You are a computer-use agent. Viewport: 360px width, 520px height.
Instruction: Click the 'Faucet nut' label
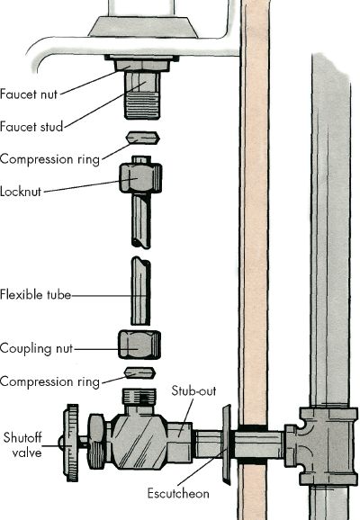(x=29, y=94)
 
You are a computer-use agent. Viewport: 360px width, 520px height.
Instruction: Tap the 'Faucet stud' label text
(x=31, y=127)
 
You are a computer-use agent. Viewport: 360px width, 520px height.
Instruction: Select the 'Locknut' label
(x=21, y=192)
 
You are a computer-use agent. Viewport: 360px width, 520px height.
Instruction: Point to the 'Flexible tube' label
(x=35, y=294)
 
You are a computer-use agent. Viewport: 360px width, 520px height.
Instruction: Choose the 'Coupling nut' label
(x=36, y=348)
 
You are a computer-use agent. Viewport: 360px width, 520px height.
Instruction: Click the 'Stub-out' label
(x=193, y=390)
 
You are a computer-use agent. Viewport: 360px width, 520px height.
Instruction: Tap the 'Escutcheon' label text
(x=178, y=494)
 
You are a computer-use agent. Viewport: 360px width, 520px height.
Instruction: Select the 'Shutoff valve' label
(x=22, y=445)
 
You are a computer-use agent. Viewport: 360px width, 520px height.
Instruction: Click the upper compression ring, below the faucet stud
(x=142, y=138)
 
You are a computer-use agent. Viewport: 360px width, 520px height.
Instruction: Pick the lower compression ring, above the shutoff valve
(x=139, y=372)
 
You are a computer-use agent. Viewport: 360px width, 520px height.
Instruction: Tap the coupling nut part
(x=139, y=345)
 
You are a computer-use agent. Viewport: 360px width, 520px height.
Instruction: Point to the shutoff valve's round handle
(x=72, y=443)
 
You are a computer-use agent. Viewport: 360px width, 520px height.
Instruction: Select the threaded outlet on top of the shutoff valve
(x=139, y=397)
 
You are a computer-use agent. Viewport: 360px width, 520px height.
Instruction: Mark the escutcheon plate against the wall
(x=226, y=444)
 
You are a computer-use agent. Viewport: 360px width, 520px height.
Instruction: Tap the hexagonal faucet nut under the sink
(x=142, y=65)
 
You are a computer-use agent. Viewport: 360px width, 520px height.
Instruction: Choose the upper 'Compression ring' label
(x=49, y=159)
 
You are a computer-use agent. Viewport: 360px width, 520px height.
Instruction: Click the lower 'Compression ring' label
(x=49, y=381)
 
